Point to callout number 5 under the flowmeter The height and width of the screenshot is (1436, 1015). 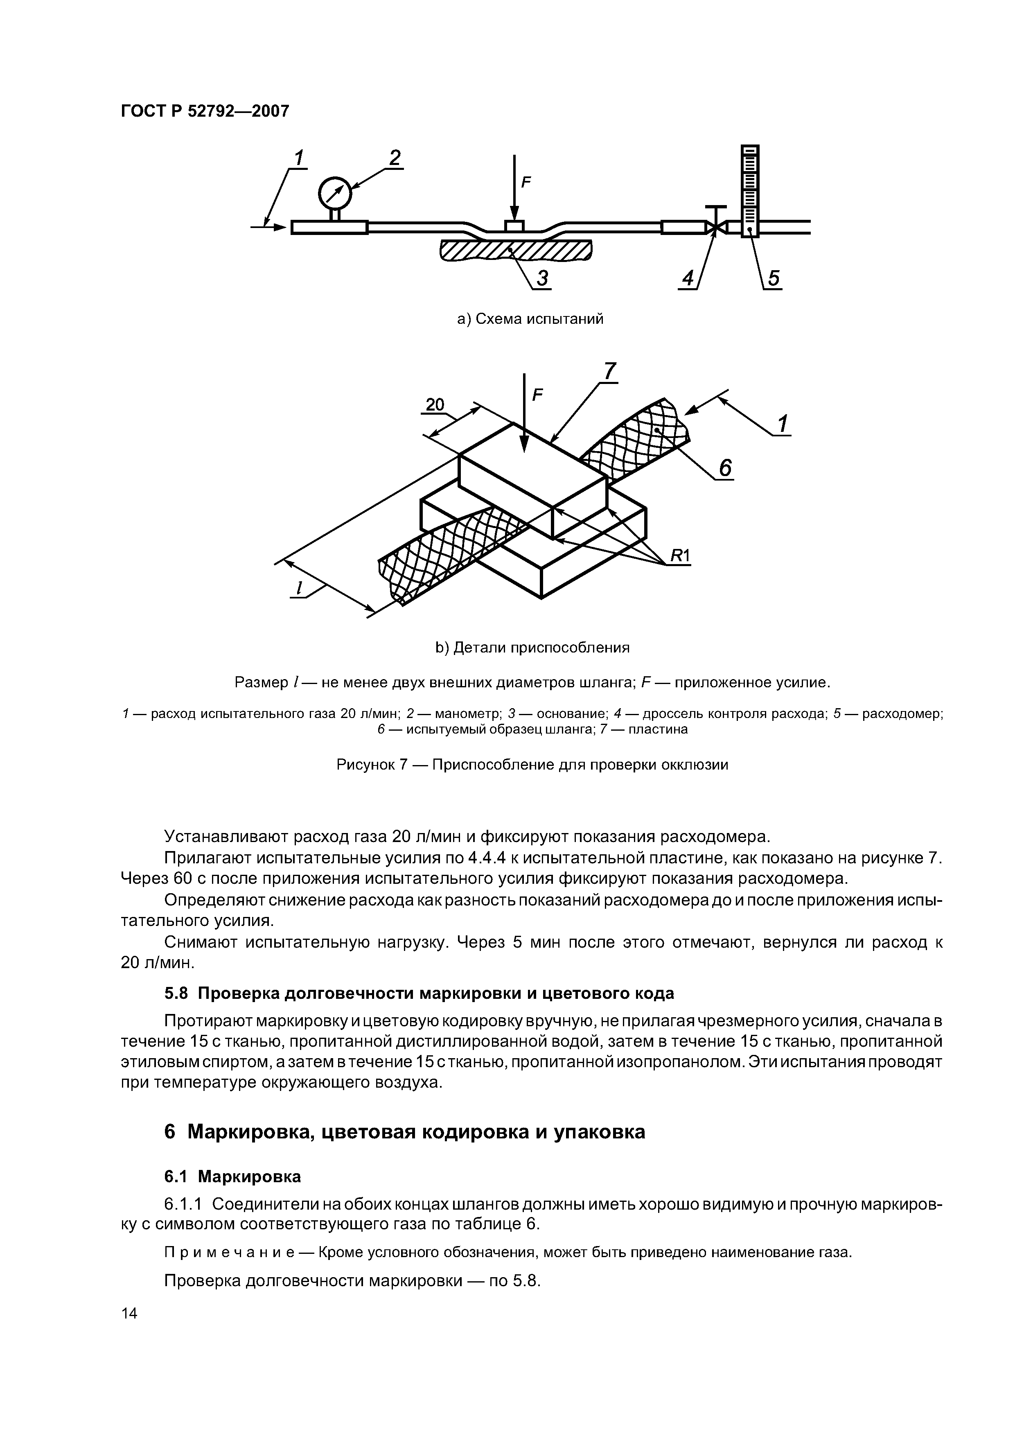(x=774, y=278)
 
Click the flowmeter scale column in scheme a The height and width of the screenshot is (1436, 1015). (x=750, y=187)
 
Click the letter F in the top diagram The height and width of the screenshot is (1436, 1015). (x=526, y=183)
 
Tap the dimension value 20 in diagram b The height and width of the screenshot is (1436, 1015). (x=434, y=405)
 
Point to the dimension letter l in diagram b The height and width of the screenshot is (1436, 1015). (x=300, y=588)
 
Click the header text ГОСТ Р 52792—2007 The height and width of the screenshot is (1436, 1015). (x=205, y=111)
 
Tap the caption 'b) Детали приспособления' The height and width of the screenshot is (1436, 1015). (x=532, y=647)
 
